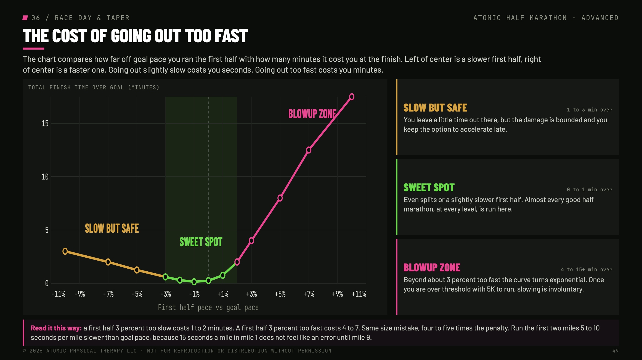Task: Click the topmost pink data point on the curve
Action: [352, 97]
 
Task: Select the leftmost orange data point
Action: [65, 251]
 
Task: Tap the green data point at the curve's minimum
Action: [194, 282]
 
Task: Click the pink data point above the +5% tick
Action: [280, 198]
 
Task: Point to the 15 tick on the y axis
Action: [45, 123]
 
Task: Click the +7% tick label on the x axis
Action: [309, 294]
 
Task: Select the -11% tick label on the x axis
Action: [58, 294]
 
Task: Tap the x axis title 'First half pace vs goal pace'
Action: [208, 308]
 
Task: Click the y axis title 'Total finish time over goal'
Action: [94, 88]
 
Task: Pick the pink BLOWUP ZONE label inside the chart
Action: [312, 114]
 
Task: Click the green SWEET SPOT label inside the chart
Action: [201, 242]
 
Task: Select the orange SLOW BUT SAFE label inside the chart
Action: [112, 228]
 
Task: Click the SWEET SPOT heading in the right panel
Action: [429, 188]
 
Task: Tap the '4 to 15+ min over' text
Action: [587, 269]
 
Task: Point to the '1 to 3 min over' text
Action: [590, 110]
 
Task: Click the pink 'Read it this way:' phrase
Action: [56, 328]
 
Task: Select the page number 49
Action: [615, 351]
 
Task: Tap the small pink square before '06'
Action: [25, 18]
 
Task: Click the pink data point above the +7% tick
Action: [309, 150]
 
